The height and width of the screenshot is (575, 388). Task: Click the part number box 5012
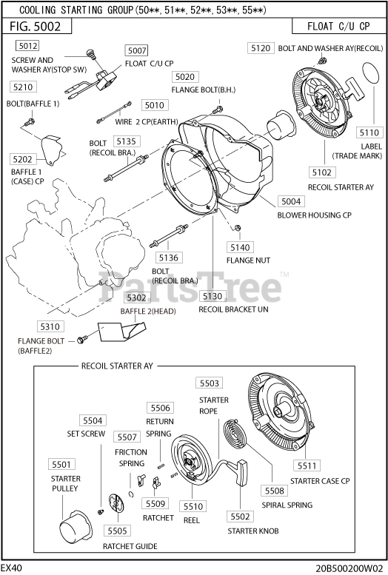click(x=27, y=45)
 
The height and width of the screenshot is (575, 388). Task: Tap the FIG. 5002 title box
click(x=37, y=26)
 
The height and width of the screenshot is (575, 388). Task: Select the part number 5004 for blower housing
click(x=291, y=201)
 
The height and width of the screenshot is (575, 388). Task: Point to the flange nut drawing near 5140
click(x=238, y=228)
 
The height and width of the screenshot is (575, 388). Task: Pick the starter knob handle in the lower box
click(x=241, y=472)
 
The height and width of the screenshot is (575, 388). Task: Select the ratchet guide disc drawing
click(x=116, y=502)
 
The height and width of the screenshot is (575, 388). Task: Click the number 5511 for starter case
click(x=307, y=465)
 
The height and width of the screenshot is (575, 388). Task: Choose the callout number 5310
click(x=50, y=326)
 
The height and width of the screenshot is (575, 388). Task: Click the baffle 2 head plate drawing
click(x=121, y=331)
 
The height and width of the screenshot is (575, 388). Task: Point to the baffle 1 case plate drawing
click(x=51, y=150)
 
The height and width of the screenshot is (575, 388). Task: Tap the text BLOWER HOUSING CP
click(x=314, y=215)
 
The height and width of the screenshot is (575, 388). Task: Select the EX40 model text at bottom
click(x=11, y=568)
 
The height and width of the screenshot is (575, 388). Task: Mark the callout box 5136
click(x=169, y=258)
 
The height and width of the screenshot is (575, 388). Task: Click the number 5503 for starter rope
click(x=210, y=383)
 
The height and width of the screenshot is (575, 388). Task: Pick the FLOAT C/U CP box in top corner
click(x=338, y=26)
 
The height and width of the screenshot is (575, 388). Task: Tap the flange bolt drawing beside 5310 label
click(x=82, y=340)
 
